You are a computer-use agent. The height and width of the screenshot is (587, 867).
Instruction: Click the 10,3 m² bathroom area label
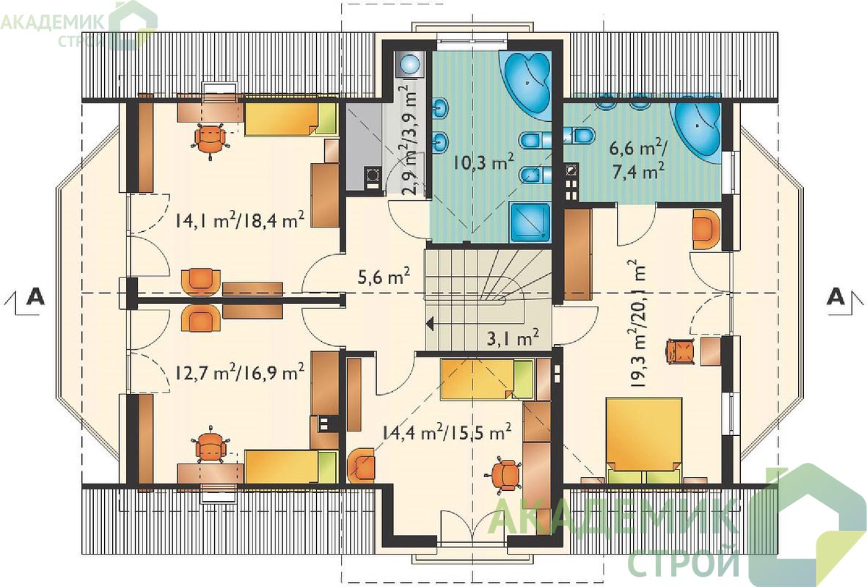[x=483, y=163]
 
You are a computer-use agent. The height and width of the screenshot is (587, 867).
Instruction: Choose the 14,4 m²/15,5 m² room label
[x=446, y=431]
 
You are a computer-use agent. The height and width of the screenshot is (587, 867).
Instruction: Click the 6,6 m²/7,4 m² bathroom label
[x=637, y=159]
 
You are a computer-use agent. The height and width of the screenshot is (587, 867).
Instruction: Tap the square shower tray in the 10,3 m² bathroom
[x=530, y=222]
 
